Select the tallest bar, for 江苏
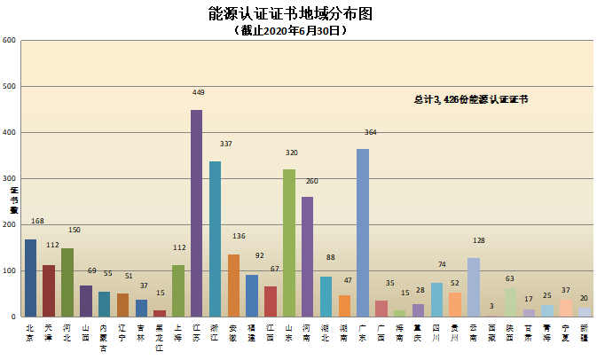click(196, 213)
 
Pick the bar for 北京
click(30, 278)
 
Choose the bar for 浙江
click(215, 239)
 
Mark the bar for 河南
click(307, 256)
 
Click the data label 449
click(199, 92)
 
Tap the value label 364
click(371, 132)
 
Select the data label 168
click(37, 221)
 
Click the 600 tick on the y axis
click(9, 41)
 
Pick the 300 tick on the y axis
click(9, 179)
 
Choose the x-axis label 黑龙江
click(159, 335)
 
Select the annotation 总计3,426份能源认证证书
click(471, 100)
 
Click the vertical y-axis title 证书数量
click(13, 200)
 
